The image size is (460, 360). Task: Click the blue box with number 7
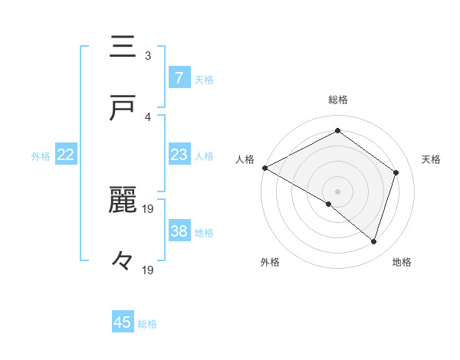tap(179, 77)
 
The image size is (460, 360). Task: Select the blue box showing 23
tap(179, 155)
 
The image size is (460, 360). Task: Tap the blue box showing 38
tap(179, 231)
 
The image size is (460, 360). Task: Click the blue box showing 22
tap(66, 155)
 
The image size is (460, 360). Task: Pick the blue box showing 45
tap(123, 322)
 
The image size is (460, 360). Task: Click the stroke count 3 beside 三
tap(148, 56)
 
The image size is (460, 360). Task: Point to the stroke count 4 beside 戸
tap(148, 116)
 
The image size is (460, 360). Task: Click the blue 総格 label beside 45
tap(148, 324)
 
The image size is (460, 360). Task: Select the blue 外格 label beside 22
tap(41, 156)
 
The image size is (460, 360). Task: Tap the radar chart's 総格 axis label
tap(337, 100)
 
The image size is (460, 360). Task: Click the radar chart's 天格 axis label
tap(432, 159)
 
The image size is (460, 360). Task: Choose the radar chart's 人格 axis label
tap(245, 159)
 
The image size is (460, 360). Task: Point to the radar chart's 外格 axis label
tap(270, 262)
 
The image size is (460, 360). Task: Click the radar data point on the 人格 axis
tap(264, 168)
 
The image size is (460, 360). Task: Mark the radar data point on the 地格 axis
tap(373, 241)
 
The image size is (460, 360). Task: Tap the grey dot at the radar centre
tap(337, 191)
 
